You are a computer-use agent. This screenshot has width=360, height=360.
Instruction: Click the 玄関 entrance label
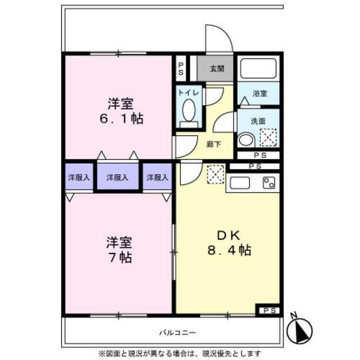pos(217,69)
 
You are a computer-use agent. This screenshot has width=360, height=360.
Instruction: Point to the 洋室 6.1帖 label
pos(121,111)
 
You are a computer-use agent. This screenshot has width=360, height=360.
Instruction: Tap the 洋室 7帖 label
pos(119,250)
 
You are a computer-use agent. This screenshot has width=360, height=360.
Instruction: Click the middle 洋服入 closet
pos(118,177)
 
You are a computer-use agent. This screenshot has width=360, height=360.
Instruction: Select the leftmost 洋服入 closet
pos(79,177)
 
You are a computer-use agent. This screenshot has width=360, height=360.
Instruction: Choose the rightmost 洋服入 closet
pos(157,177)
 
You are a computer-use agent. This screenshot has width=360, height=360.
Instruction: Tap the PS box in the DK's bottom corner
pos(269,309)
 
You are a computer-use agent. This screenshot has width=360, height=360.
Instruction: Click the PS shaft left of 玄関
pos(181,68)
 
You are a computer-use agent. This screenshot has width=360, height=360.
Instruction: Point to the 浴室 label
pos(259,93)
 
